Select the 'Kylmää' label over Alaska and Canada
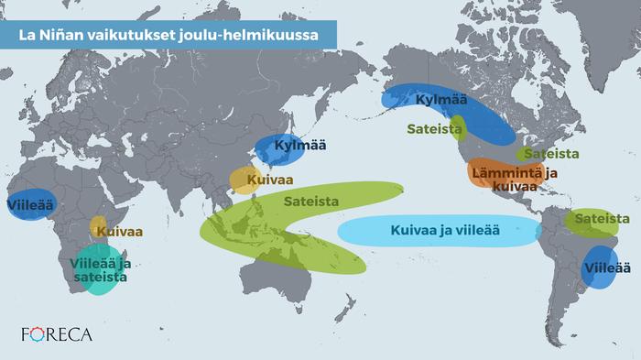coord(440,100)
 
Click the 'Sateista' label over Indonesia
coord(311,202)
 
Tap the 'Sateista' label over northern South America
coord(603,219)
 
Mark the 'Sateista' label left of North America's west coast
coord(433,129)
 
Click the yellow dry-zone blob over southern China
coord(243,180)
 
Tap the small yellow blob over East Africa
coord(97,225)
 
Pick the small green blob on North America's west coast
coord(460,127)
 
